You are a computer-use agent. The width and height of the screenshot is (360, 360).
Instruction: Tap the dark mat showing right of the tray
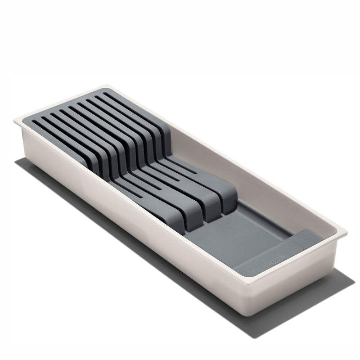(333, 274)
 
